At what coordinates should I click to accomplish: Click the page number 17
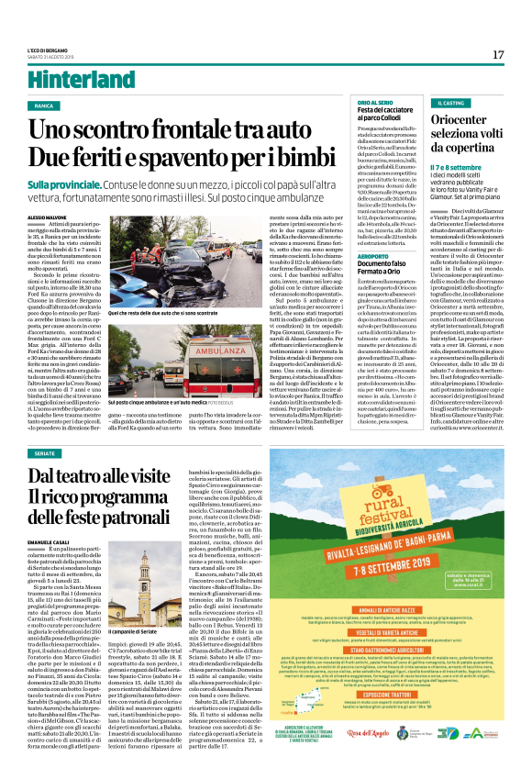pos(498,55)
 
